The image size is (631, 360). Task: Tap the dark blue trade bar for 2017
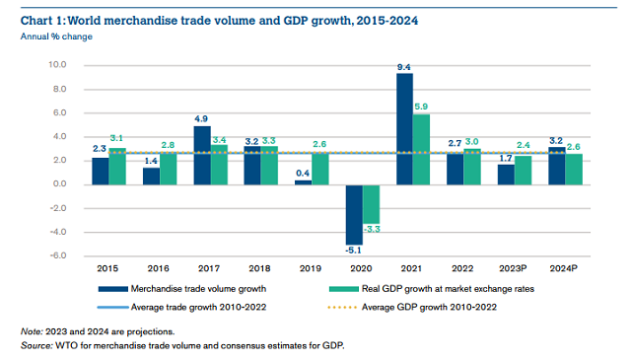[x=202, y=155]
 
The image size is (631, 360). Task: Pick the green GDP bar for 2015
[x=117, y=166]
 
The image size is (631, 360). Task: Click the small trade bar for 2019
[x=303, y=182]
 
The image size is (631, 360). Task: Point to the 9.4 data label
[x=404, y=66]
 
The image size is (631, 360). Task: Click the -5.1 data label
[x=352, y=252]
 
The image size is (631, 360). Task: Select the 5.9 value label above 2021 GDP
[x=422, y=107]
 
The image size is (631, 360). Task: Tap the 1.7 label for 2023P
[x=505, y=157]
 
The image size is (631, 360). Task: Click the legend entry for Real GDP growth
[x=434, y=288]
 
